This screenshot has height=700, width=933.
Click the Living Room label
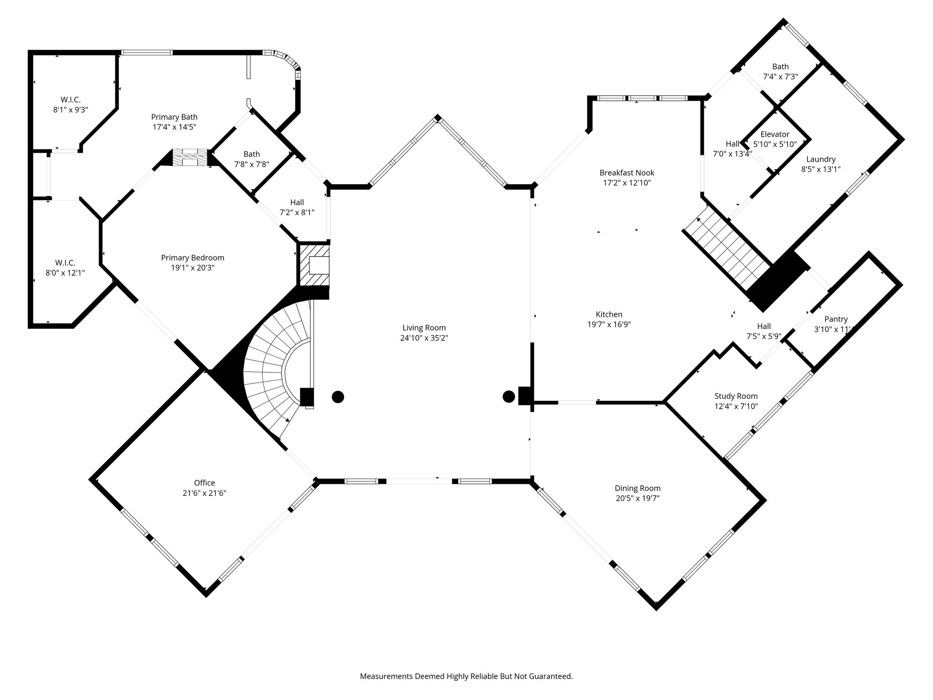pyautogui.click(x=424, y=328)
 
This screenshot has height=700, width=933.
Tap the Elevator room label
pyautogui.click(x=775, y=134)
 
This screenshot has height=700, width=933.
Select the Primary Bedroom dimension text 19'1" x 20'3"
pyautogui.click(x=193, y=268)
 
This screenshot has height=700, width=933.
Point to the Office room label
pyautogui.click(x=204, y=483)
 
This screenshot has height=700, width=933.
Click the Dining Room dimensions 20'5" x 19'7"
pyautogui.click(x=638, y=498)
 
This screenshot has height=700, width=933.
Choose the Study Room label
pyautogui.click(x=736, y=396)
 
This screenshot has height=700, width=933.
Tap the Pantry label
pyautogui.click(x=836, y=319)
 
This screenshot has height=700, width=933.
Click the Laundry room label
pyautogui.click(x=821, y=159)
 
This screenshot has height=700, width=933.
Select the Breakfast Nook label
pyautogui.click(x=627, y=173)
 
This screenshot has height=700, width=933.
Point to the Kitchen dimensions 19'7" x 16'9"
pyautogui.click(x=609, y=324)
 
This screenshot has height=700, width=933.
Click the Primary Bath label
pyautogui.click(x=174, y=117)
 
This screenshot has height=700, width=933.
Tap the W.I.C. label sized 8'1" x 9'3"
pyautogui.click(x=71, y=99)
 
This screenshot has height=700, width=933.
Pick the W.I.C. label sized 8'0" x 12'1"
pyautogui.click(x=65, y=263)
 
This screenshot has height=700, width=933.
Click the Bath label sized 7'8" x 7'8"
pyautogui.click(x=251, y=154)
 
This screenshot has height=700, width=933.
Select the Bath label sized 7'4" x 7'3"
pyautogui.click(x=780, y=67)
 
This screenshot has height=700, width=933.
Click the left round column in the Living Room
pyautogui.click(x=338, y=397)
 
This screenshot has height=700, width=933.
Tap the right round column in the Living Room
pyautogui.click(x=509, y=396)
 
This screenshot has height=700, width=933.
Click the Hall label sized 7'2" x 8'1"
pyautogui.click(x=297, y=202)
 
